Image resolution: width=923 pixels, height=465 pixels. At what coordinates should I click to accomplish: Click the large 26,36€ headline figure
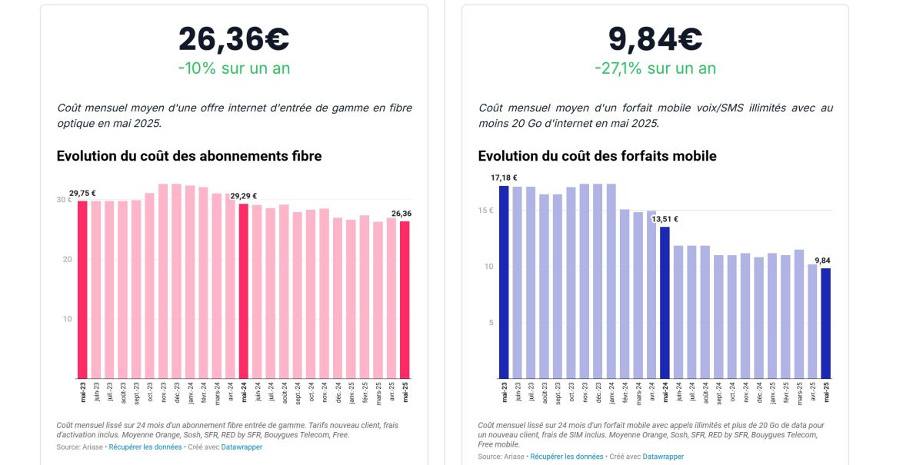point(234,39)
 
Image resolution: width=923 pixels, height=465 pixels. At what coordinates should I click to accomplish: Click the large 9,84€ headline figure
point(655,39)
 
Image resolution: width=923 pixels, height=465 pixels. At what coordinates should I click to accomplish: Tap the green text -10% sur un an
point(234,68)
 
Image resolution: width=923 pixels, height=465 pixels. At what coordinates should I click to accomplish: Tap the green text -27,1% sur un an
point(655,68)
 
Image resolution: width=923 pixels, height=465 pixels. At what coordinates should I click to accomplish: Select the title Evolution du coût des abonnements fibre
point(189,156)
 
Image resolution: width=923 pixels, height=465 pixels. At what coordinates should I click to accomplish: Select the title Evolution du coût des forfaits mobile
point(597,156)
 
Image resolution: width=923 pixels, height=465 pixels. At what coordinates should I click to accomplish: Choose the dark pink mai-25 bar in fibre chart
point(405,300)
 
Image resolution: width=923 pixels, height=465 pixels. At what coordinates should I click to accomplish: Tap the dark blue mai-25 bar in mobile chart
point(826,323)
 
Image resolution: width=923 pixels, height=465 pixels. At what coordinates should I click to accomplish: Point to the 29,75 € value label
point(82,194)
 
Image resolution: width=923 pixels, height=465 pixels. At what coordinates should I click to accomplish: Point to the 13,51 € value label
point(665,219)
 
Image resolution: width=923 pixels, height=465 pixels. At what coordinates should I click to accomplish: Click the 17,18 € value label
point(504,178)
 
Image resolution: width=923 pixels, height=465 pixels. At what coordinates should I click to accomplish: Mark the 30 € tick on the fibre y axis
point(63,200)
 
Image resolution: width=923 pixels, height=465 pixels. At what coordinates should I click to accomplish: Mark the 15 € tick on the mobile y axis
point(485,211)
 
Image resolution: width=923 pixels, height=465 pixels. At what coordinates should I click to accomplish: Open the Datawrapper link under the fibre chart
point(242,447)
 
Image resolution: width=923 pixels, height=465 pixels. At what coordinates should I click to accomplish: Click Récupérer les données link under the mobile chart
point(567,457)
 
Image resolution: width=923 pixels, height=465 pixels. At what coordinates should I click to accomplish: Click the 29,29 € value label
point(244,196)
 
